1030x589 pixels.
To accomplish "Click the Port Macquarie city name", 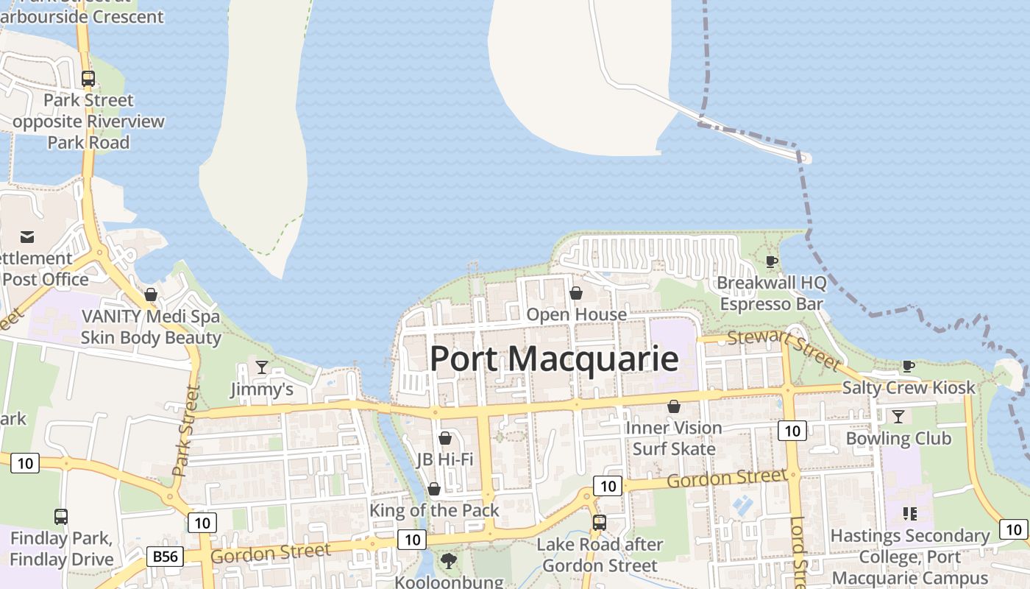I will pos(553,359).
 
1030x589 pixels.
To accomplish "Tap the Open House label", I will pos(576,314).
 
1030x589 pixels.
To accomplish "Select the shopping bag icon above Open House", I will pos(576,294).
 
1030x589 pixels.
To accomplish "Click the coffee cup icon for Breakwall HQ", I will pos(772,261).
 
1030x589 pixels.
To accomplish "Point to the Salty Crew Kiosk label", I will pos(909,387).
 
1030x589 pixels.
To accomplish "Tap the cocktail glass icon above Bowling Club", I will pos(898,417).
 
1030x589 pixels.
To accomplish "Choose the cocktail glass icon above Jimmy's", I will pos(261,367).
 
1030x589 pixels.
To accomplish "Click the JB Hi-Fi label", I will pos(444,459).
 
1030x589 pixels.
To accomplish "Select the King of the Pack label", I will pos(434,510).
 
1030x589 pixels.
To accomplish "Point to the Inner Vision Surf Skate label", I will pos(674,438).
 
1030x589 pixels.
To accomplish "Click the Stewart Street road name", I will pos(783,350).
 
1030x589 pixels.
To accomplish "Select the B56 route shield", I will pos(165,556).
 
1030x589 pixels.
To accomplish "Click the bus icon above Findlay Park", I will pos(61,517).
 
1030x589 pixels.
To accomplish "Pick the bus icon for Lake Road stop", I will pos(600,523).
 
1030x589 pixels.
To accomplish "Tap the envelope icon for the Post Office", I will pos(27,237).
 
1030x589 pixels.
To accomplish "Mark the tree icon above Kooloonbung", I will pos(448,561).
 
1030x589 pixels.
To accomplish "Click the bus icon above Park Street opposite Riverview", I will pos(88,79).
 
